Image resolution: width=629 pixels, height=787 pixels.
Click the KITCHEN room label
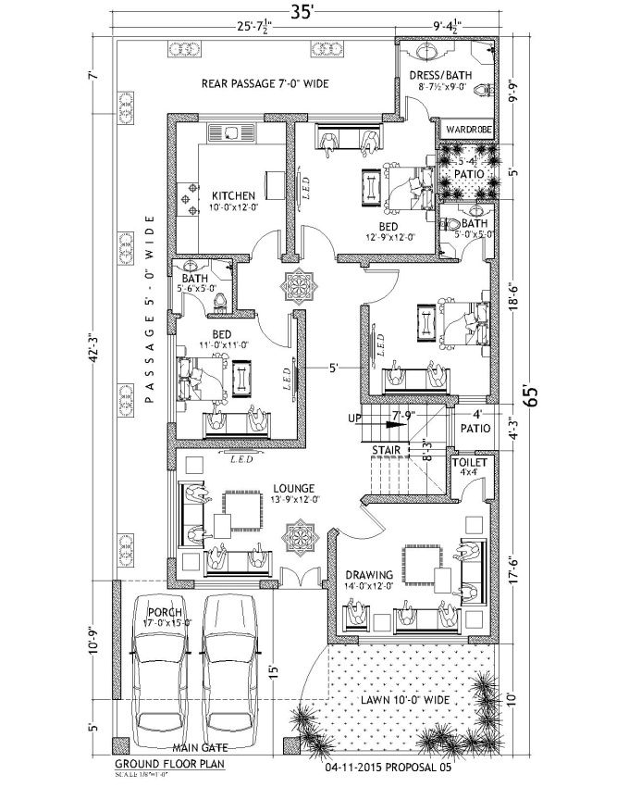pyautogui.click(x=232, y=195)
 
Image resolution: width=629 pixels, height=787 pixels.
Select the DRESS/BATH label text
pyautogui.click(x=445, y=76)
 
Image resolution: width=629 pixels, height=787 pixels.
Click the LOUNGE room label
pyautogui.click(x=295, y=488)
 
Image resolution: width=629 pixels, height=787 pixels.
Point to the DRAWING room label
pyautogui.click(x=368, y=574)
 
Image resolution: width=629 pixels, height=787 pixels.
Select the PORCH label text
pyautogui.click(x=164, y=611)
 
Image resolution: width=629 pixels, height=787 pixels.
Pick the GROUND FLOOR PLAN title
pyautogui.click(x=169, y=764)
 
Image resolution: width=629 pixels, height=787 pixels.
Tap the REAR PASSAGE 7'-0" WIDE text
pyautogui.click(x=265, y=84)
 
